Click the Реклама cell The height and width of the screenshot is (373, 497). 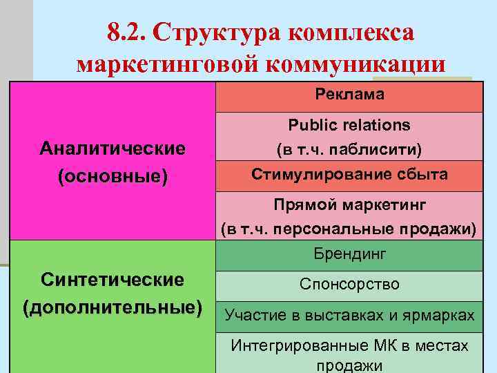click(349, 95)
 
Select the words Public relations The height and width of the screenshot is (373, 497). click(349, 125)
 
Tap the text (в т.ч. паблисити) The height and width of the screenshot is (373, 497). click(349, 149)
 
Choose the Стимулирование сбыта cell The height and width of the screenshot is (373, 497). click(349, 175)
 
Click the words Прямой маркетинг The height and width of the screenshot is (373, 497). click(349, 205)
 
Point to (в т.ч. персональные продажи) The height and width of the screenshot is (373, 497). click(349, 229)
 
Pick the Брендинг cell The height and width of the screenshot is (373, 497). click(349, 254)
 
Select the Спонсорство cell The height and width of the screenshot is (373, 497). click(349, 284)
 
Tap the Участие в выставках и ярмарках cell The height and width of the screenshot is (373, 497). click(349, 315)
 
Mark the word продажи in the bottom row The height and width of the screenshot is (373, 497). click(349, 365)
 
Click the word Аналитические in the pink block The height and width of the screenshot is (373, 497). click(113, 149)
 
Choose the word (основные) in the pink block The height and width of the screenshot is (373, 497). click(113, 176)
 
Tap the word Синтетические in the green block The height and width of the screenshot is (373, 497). click(113, 280)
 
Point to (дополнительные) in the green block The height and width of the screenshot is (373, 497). click(113, 306)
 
